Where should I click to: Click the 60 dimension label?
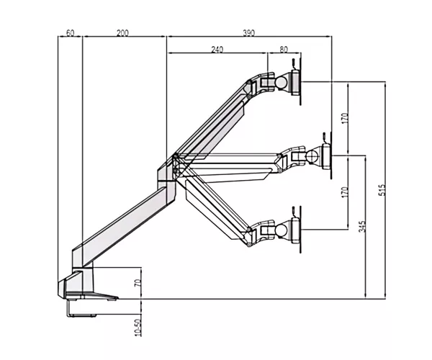(71, 33)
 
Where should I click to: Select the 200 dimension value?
(122, 33)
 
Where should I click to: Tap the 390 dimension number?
(249, 33)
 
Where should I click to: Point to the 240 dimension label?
(217, 49)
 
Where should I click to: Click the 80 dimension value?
(284, 49)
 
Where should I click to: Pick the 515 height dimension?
(382, 190)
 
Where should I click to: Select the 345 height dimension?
(362, 226)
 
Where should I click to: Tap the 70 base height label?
(138, 283)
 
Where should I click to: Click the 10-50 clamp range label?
(138, 328)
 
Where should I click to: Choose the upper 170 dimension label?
(345, 118)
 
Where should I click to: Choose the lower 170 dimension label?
(345, 192)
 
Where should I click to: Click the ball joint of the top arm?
(282, 82)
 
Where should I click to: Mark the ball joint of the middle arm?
(312, 156)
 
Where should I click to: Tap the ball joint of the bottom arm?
(282, 230)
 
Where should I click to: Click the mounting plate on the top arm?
(297, 83)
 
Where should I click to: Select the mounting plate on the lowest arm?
(297, 230)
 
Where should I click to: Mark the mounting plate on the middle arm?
(327, 156)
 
